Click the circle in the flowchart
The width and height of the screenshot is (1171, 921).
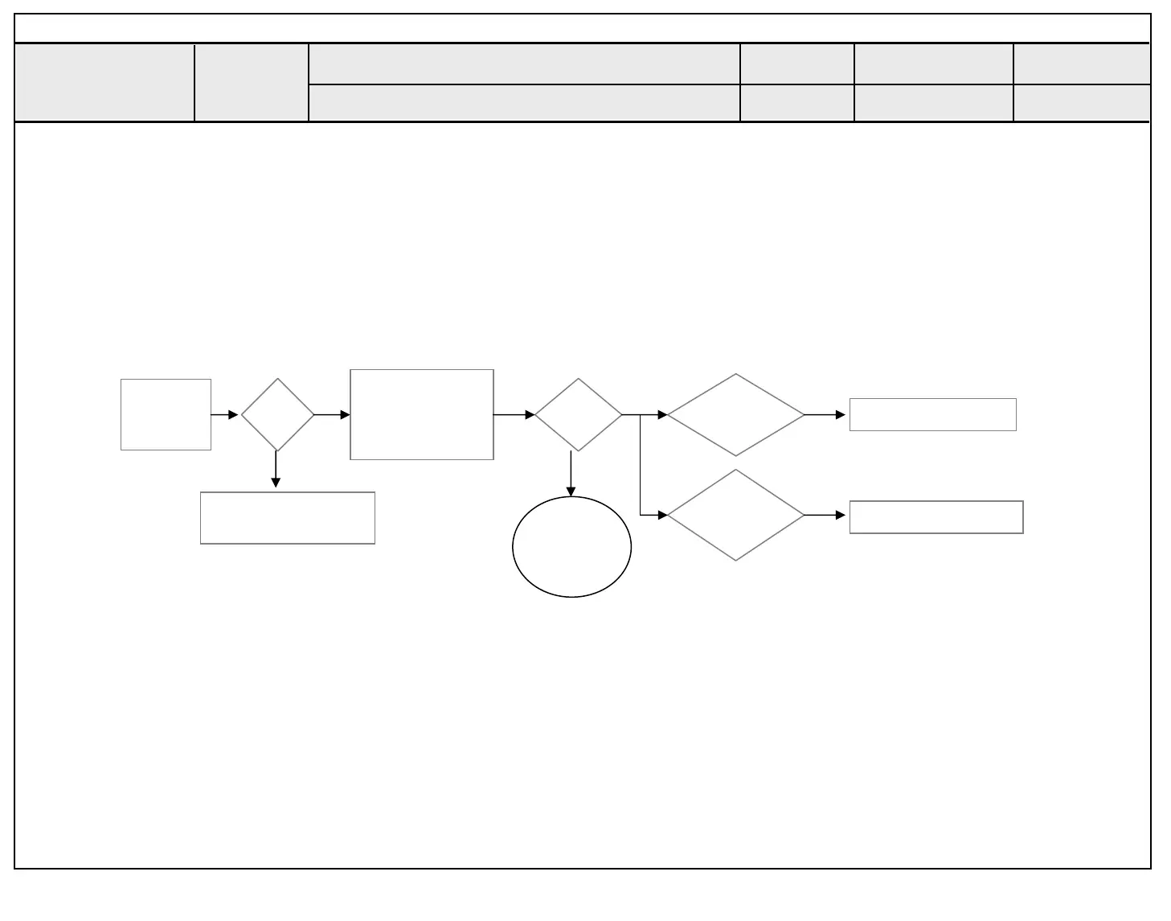571,547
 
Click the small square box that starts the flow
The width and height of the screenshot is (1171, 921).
166,414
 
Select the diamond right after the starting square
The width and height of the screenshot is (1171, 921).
277,414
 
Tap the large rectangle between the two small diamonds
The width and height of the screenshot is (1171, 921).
422,414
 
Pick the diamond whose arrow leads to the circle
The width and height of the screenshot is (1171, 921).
578,414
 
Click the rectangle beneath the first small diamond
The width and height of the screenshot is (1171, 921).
287,518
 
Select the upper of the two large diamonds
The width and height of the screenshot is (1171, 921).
735,414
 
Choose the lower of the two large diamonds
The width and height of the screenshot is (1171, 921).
735,515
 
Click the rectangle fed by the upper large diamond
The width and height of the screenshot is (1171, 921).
932,414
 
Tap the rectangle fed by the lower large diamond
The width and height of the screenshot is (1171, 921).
936,516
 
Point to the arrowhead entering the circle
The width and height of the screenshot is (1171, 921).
571,491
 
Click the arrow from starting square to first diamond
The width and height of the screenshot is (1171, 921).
224,415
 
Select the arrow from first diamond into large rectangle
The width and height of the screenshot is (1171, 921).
332,415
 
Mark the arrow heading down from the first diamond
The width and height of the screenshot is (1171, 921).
276,470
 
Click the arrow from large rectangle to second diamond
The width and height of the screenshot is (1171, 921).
514,415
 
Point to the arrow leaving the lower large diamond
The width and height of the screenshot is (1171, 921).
825,515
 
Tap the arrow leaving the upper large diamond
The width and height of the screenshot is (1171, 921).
825,415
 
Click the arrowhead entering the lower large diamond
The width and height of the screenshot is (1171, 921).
662,515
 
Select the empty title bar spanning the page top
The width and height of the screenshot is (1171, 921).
582,28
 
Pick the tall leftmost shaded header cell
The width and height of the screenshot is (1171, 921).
104,83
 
